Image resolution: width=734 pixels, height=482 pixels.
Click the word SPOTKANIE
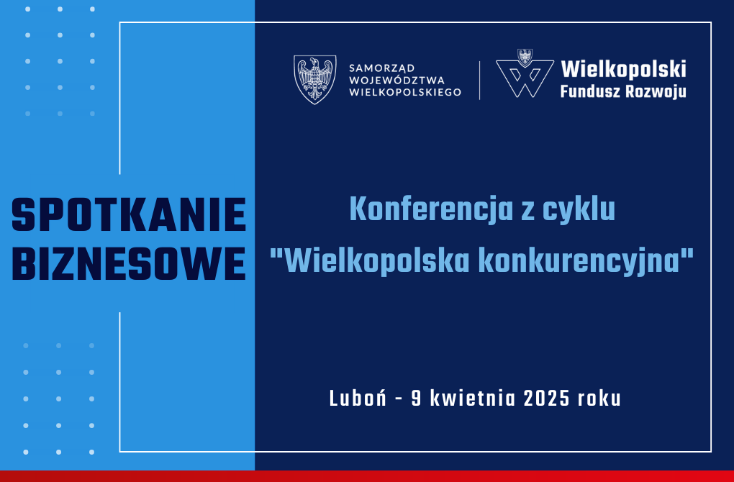(129, 215)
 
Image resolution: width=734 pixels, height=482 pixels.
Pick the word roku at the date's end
(599, 399)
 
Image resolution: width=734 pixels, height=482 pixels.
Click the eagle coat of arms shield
(315, 80)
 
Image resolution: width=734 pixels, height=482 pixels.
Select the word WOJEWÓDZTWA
(397, 81)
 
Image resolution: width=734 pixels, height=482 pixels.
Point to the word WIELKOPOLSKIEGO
(405, 92)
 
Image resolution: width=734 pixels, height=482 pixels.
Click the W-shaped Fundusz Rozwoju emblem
(525, 74)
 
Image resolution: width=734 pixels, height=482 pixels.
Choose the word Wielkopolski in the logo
(623, 69)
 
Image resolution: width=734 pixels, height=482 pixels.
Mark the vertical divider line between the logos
(480, 80)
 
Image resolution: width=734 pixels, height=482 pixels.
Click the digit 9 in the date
(416, 399)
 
